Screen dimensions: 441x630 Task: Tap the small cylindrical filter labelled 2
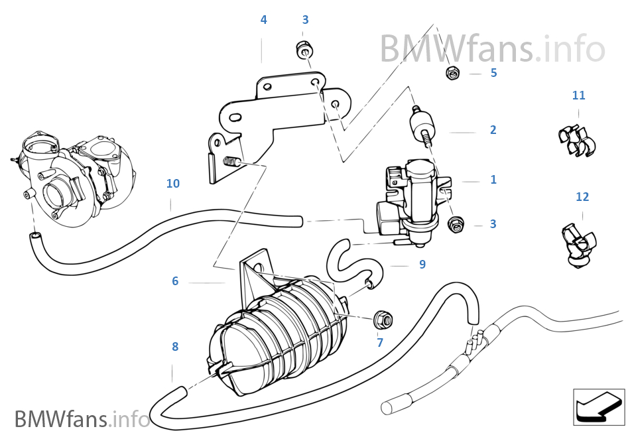[422, 127]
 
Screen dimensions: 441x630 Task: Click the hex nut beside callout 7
[382, 320]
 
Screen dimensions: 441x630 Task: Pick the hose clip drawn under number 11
[576, 139]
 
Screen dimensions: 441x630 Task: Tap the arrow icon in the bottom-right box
[598, 407]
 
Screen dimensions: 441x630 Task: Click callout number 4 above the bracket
[263, 20]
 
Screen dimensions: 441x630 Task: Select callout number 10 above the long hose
[172, 184]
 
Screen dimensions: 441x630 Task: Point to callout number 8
[175, 347]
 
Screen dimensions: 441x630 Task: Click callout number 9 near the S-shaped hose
[422, 265]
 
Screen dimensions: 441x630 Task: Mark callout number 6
[175, 281]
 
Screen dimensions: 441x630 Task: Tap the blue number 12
[582, 197]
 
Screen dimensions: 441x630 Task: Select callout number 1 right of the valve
[493, 180]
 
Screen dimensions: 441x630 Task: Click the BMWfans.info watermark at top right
[492, 48]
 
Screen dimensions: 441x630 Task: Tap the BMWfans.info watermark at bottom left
[82, 419]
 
